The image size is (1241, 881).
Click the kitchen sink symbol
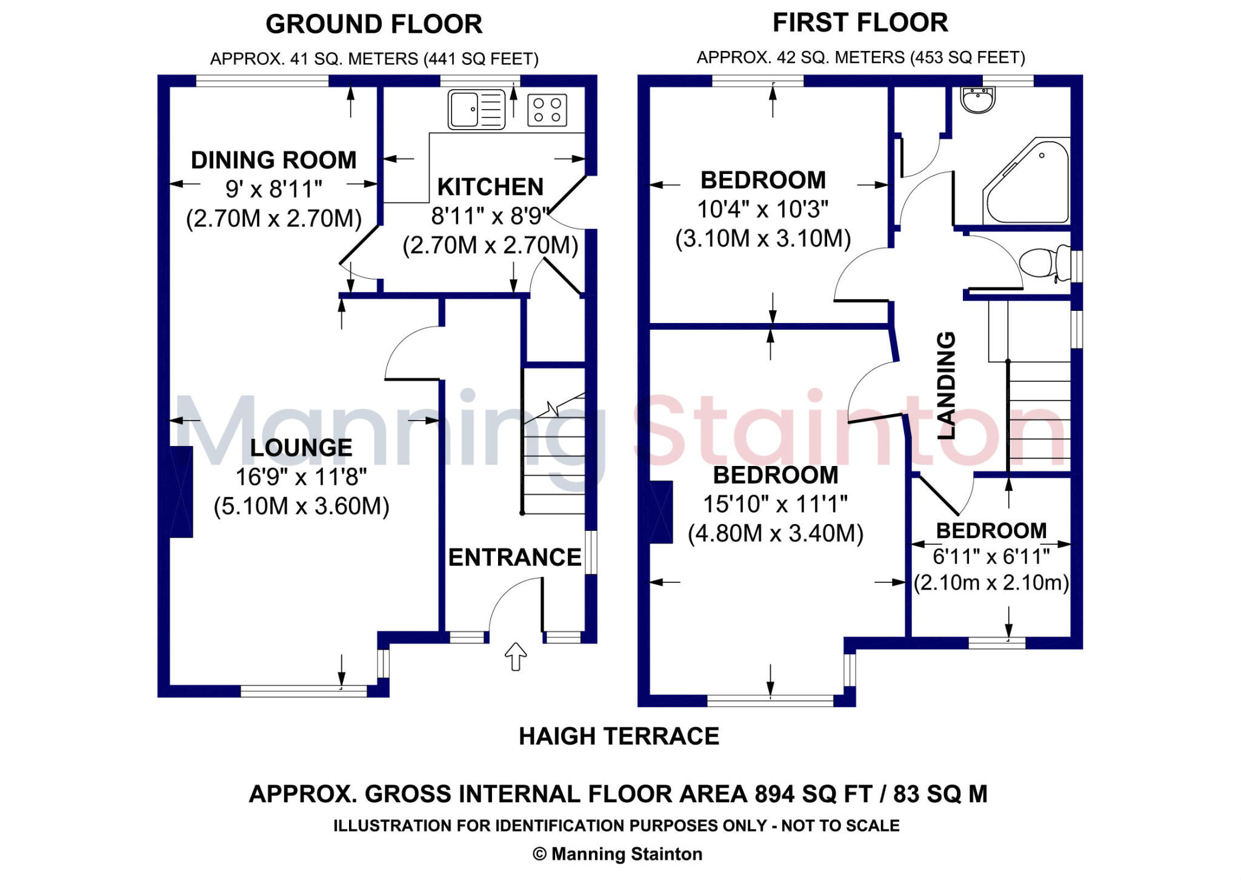point(476,110)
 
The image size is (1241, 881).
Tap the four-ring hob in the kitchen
point(547,110)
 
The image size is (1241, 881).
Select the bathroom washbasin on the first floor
point(977,100)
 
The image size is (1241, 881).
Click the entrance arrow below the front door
point(516,656)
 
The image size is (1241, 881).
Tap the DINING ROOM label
point(274,161)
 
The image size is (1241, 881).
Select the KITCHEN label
point(490,187)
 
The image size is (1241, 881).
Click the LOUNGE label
point(301,448)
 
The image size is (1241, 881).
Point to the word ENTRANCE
point(514,557)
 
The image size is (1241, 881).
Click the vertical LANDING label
point(946,385)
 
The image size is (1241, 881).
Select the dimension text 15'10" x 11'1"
point(775,504)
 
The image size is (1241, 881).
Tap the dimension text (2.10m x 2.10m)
point(991,583)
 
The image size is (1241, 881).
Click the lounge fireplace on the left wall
point(181,492)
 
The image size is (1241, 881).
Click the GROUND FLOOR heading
point(374,24)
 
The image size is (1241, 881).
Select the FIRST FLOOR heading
point(860,23)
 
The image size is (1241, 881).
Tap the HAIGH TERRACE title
point(619,736)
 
